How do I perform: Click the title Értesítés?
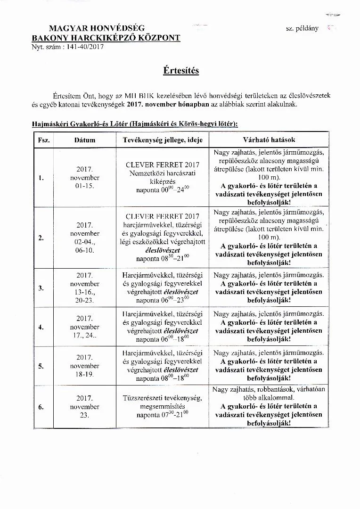coord(181,71)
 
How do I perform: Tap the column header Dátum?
coord(85,140)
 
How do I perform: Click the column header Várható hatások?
coord(269,140)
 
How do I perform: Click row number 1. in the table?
coord(41,178)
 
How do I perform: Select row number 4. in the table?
coord(41,327)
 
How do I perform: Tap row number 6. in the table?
coord(41,407)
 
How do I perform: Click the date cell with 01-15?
coord(85,186)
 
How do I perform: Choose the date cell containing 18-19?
coord(85,374)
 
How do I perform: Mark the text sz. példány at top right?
coord(302,28)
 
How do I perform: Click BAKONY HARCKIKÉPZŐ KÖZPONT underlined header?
coord(106,38)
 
